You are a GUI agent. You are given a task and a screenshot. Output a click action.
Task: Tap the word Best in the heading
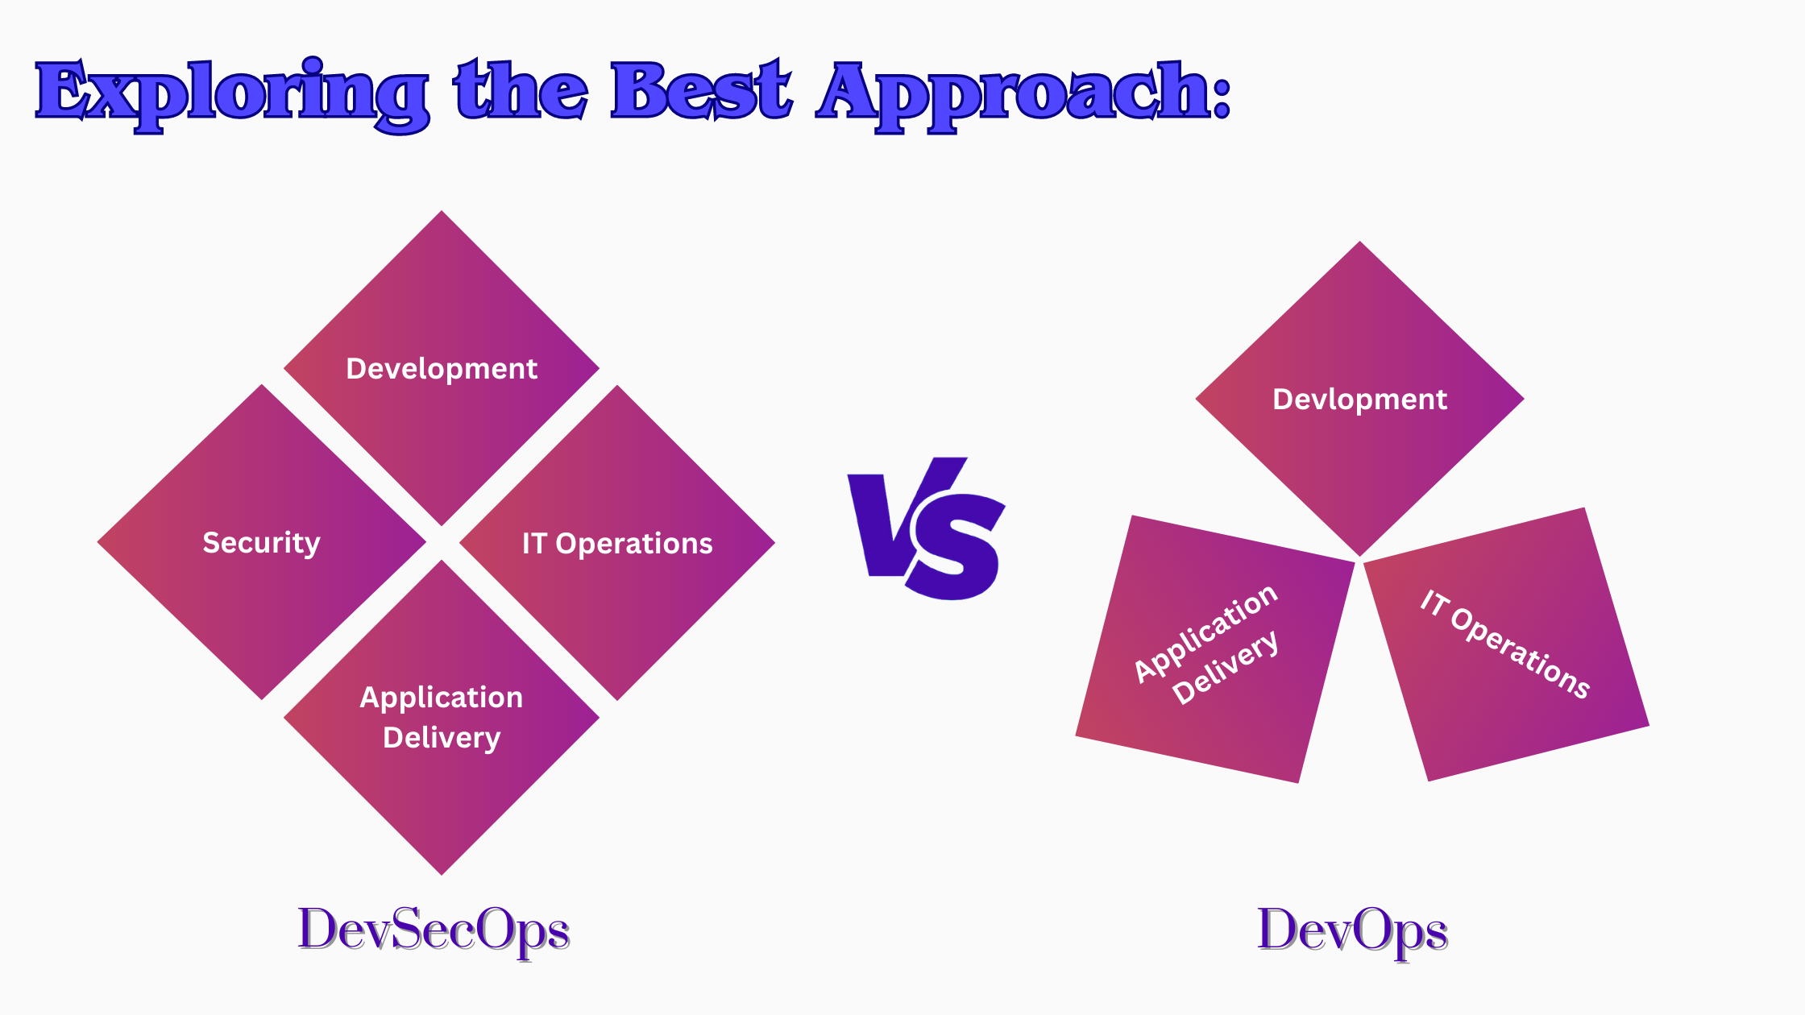[701, 90]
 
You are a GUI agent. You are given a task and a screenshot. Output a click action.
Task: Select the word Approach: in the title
[1024, 95]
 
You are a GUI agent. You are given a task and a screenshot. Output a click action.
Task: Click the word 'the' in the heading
[521, 90]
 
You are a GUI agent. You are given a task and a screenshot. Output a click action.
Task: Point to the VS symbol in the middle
[927, 528]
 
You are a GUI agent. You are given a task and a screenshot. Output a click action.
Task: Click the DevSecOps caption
[434, 931]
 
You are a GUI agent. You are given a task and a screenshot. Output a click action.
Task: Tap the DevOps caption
[1352, 931]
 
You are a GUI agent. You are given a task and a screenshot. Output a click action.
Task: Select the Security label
[261, 543]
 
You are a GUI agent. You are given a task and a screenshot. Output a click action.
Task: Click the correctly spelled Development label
[442, 369]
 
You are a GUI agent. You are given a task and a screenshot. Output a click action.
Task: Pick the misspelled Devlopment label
[1360, 400]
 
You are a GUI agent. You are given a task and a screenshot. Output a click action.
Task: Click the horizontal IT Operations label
[617, 544]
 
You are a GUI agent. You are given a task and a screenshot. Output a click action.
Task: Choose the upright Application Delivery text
[442, 717]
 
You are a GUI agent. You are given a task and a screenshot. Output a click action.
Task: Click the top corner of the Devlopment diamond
[1360, 242]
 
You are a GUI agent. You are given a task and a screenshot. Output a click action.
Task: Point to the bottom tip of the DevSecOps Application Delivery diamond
[442, 875]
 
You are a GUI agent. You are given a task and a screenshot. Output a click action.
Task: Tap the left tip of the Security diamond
[98, 542]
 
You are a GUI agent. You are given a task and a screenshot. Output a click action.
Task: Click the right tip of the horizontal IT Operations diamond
[774, 543]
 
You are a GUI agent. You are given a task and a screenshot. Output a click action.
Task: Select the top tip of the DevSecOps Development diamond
[442, 211]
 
